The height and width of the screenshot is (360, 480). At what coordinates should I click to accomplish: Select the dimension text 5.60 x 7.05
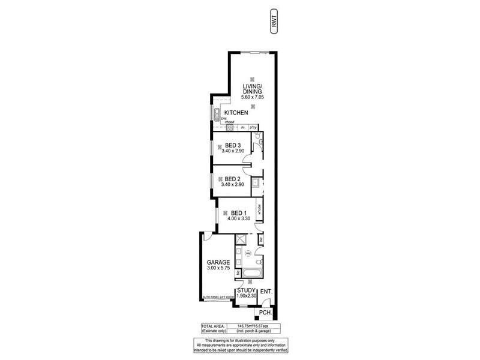(x=252, y=97)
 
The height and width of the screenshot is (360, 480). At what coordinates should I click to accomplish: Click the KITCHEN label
(x=236, y=113)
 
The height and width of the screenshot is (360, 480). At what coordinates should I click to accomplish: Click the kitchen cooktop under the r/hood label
(x=229, y=127)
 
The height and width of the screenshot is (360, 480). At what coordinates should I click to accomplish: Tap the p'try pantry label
(x=253, y=127)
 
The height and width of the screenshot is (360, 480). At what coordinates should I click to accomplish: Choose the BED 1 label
(x=239, y=212)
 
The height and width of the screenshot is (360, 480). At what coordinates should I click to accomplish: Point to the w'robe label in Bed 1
(x=259, y=212)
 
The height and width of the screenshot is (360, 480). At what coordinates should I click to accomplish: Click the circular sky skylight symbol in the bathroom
(x=247, y=254)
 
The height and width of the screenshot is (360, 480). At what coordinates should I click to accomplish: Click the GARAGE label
(x=218, y=262)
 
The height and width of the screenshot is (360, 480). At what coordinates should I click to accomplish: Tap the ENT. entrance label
(x=267, y=292)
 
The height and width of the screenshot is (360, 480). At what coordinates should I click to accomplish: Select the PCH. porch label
(x=265, y=313)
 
